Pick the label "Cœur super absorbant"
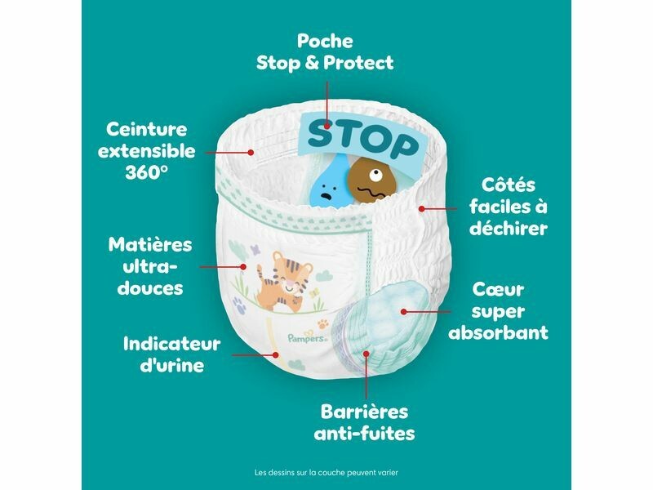498,311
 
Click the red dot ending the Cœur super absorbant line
403,311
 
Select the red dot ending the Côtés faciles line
422,208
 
